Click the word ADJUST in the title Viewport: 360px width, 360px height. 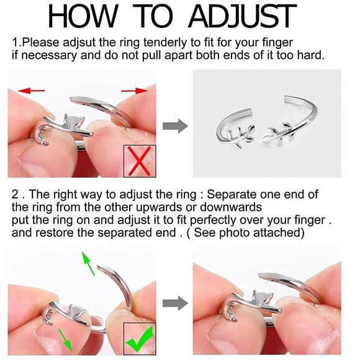[242, 17]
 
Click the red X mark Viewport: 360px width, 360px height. [140, 161]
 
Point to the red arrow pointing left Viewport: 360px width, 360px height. [31, 91]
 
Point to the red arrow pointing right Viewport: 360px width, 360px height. [135, 91]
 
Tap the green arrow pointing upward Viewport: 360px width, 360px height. [88, 263]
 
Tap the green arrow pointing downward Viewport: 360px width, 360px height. [65, 340]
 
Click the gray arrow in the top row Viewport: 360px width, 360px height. [175, 126]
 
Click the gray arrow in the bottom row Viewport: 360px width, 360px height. [175, 303]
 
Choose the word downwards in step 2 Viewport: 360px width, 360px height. [230, 207]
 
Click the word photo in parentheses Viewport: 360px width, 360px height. [234, 233]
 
